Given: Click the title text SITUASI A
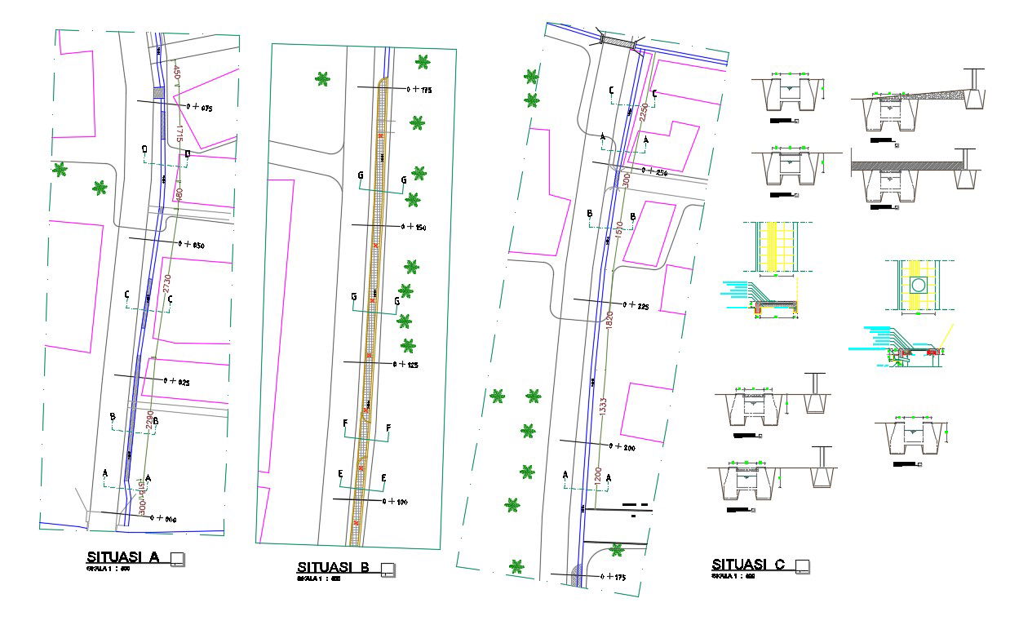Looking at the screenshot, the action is point(122,557).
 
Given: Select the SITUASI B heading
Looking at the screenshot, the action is point(334,567).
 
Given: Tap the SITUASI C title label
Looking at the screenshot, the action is point(748,565).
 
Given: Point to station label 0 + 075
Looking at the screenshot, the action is point(200,106).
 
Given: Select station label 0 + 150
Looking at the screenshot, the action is point(415,227).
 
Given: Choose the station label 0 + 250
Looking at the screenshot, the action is point(655,172).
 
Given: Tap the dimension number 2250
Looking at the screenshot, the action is point(643,113).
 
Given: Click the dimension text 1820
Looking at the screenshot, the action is point(609,319).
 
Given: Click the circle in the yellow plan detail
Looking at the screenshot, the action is point(919,285).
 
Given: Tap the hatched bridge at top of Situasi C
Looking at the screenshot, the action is point(618,39).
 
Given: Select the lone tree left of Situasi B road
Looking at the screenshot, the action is point(323,79).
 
